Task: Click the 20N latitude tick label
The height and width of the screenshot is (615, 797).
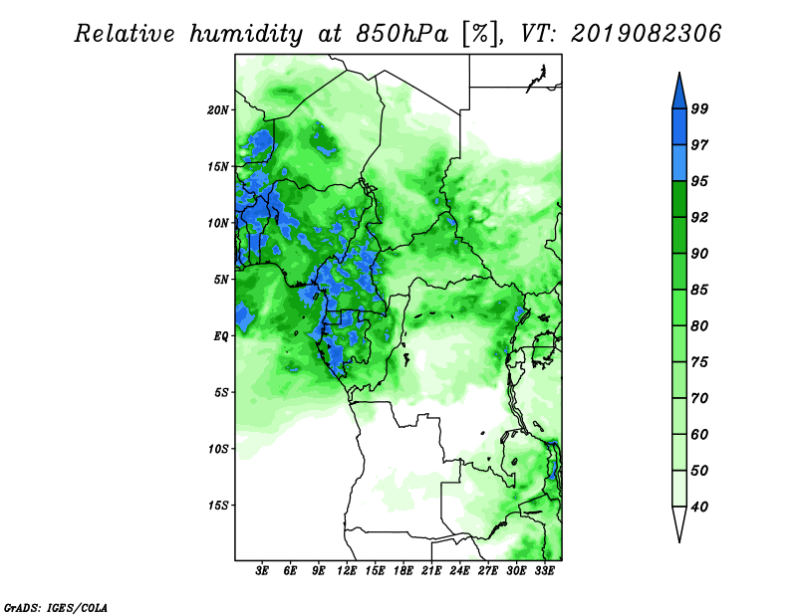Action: tap(218, 110)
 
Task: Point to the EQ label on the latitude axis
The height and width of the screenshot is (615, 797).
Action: tap(221, 336)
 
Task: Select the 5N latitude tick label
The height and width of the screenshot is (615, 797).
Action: tap(221, 280)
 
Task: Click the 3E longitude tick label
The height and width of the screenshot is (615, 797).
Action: tap(262, 571)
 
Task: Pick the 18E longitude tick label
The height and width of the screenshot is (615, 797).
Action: tap(403, 571)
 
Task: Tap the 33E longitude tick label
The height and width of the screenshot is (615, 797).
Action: tap(544, 571)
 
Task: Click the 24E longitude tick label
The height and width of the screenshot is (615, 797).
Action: tap(459, 571)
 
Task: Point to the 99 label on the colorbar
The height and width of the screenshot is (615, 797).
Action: tap(699, 108)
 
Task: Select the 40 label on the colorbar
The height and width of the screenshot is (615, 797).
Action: tap(699, 507)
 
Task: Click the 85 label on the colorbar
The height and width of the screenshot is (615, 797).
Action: tap(699, 290)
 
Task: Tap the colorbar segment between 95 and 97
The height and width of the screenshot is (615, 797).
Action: tap(679, 163)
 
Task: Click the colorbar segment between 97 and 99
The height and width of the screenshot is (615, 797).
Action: tap(679, 127)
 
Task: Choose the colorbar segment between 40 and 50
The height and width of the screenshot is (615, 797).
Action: tap(679, 489)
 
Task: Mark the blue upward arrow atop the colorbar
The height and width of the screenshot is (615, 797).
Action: tap(679, 91)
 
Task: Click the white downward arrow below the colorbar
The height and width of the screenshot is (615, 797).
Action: tap(679, 524)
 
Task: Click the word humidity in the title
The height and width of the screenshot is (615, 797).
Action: tap(246, 34)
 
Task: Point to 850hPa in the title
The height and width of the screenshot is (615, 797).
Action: tap(402, 34)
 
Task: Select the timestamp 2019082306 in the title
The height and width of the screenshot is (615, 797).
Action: tap(646, 34)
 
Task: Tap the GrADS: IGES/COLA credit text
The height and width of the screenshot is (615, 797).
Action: tap(56, 607)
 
